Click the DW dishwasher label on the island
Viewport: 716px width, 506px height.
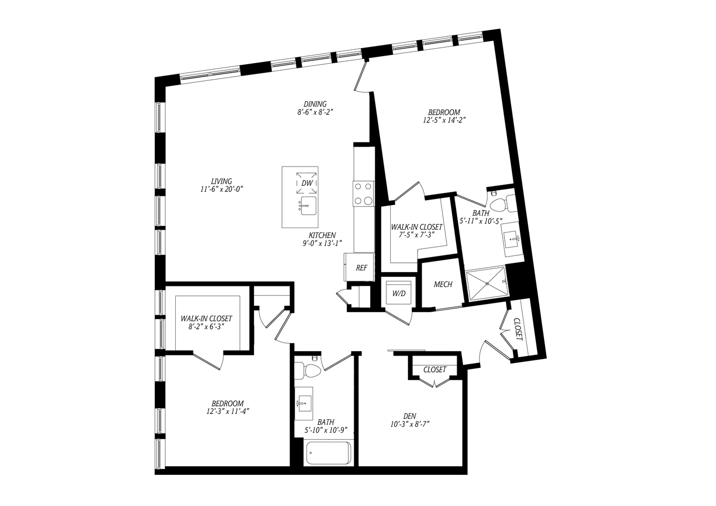[x=307, y=183]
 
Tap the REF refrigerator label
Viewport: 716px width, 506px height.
[x=362, y=268]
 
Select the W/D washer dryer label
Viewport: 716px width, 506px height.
[x=399, y=293]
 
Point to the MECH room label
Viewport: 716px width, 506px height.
[x=443, y=284]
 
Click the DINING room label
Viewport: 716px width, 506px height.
[x=315, y=104]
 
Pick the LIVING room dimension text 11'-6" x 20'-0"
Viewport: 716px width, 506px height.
[x=222, y=190]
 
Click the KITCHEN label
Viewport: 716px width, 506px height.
[x=322, y=235]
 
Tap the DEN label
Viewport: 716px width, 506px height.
[x=409, y=416]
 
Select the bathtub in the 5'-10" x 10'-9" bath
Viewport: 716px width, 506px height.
[x=328, y=452]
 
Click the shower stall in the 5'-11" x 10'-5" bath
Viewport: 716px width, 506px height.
[x=487, y=284]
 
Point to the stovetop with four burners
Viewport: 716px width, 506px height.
[x=364, y=193]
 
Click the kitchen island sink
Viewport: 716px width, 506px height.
[x=308, y=206]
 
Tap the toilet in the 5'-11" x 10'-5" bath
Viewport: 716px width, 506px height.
[x=503, y=203]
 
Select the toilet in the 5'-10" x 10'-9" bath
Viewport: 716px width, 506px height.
[x=308, y=371]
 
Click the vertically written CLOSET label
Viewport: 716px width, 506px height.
[x=518, y=329]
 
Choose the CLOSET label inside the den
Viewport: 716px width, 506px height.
[x=435, y=369]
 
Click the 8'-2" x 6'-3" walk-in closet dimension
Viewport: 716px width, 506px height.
[x=206, y=327]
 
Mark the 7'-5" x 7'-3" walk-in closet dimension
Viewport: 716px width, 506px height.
[x=417, y=235]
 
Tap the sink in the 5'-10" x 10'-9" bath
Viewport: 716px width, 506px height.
[x=304, y=403]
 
